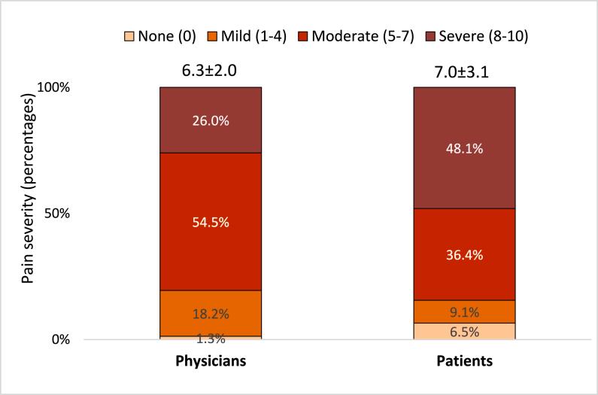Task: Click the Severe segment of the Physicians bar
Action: [x=210, y=120]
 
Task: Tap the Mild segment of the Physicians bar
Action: [x=210, y=312]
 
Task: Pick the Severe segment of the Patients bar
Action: [x=464, y=147]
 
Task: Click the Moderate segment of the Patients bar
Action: [x=464, y=254]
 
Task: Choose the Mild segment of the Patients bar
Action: [x=464, y=311]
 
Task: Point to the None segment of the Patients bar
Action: [x=464, y=331]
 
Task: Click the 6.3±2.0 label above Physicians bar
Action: [x=210, y=71]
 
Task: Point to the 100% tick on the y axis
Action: [x=55, y=87]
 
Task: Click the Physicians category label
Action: [x=210, y=362]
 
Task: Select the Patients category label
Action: [x=464, y=362]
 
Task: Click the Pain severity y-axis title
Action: [x=28, y=214]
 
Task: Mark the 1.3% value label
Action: [x=210, y=339]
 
